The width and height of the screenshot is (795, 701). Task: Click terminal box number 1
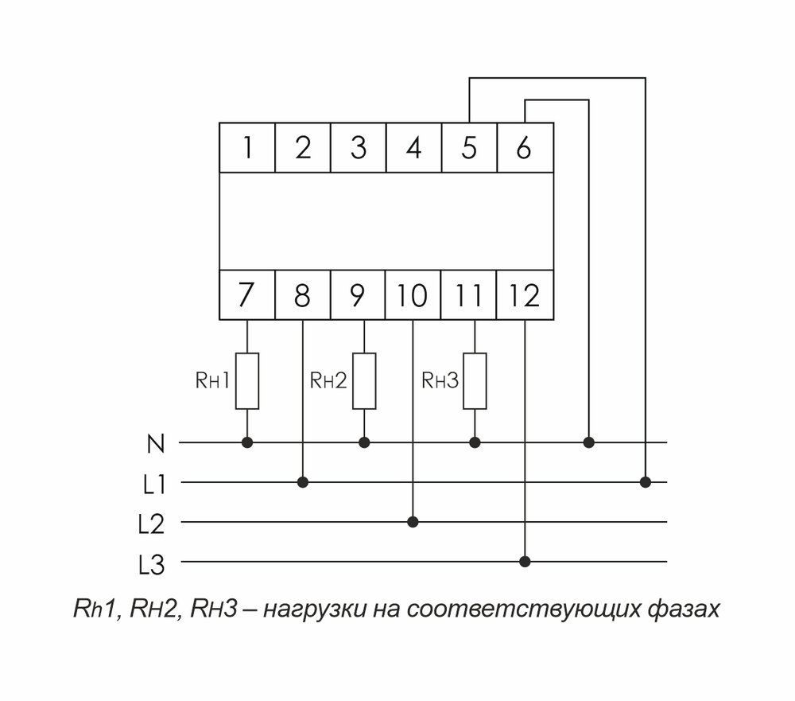[x=247, y=147]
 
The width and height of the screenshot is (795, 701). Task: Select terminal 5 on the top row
[x=469, y=147]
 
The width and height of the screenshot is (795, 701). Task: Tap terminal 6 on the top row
[x=524, y=147]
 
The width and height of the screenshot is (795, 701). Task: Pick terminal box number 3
[x=358, y=147]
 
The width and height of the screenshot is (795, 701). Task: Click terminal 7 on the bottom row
[x=247, y=295]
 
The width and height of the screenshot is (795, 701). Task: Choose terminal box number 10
[x=413, y=295]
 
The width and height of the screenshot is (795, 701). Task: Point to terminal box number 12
[x=525, y=295]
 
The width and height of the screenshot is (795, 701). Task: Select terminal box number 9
[x=358, y=295]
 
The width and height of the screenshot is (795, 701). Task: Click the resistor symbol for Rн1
[x=247, y=381]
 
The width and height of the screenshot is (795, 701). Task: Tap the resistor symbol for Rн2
[x=364, y=381]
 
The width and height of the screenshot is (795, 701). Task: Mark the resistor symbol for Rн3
[x=475, y=381]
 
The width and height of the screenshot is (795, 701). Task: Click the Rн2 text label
[x=328, y=381]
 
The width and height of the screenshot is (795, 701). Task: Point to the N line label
[x=156, y=444]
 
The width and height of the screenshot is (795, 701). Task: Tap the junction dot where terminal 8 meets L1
[x=302, y=482]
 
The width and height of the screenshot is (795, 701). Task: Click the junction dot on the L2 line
[x=413, y=522]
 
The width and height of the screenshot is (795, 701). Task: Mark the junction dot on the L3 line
[x=525, y=562]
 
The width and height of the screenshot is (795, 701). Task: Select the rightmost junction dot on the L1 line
[x=646, y=482]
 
